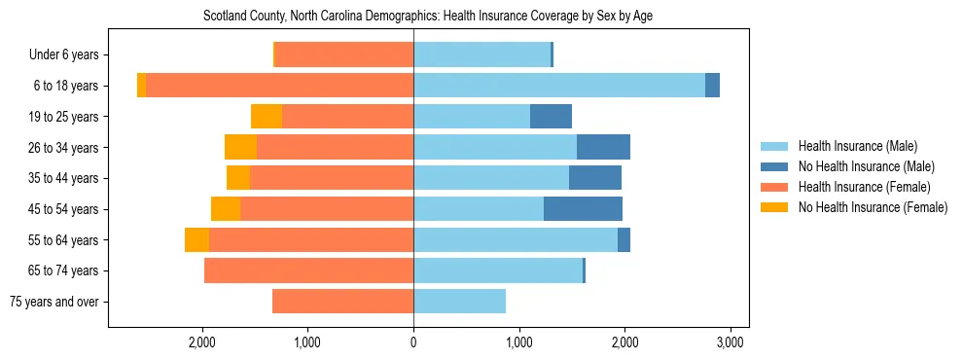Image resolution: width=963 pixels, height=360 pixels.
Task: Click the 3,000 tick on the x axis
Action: pos(731,342)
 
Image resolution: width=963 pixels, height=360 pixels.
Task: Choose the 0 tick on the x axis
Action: pos(413,342)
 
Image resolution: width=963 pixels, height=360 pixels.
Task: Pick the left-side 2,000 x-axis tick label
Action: pos(202,342)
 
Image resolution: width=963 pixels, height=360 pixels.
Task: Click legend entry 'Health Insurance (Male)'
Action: pos(857,146)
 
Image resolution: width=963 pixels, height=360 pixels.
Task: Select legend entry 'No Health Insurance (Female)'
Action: pos(873,207)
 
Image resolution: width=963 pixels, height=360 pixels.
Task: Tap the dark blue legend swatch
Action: pos(774,166)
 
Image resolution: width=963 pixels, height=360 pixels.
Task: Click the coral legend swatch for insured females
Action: pos(774,187)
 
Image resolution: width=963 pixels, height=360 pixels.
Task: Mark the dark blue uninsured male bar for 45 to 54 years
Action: pos(583,209)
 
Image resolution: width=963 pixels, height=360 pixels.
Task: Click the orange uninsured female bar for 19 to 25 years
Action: pos(267,117)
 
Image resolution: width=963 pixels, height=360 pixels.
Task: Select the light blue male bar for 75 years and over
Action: pos(459,302)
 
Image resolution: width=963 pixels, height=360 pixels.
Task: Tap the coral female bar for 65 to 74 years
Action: pos(308,270)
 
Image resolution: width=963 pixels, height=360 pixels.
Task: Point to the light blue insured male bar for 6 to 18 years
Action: pos(559,86)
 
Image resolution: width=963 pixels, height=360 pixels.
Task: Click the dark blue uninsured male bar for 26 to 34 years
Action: pos(603,147)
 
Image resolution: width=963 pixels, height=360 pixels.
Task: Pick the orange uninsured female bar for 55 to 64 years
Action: pos(196,239)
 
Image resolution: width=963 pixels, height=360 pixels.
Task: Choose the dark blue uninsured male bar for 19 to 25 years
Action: pos(551,117)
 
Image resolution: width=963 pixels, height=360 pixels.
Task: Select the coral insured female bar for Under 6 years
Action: pos(344,55)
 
